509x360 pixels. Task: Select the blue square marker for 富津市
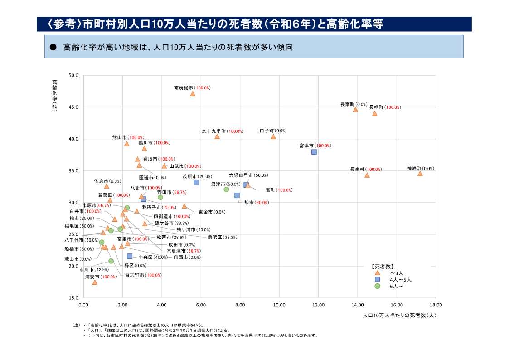(314, 152)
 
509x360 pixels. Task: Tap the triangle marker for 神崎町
(420, 174)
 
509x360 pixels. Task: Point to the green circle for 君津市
(226, 190)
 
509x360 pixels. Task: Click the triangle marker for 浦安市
(95, 282)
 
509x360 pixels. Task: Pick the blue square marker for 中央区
(130, 256)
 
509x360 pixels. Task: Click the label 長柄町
(376, 107)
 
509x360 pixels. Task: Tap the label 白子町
(267, 131)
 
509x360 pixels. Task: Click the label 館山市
(120, 137)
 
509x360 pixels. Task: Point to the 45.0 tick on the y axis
(73, 107)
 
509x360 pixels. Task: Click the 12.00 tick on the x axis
(318, 305)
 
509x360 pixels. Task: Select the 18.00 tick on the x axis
(436, 305)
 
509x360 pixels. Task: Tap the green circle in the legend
(377, 286)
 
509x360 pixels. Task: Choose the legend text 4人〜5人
(401, 280)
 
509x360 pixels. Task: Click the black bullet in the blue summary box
(53, 47)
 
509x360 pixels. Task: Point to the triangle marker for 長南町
(355, 109)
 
